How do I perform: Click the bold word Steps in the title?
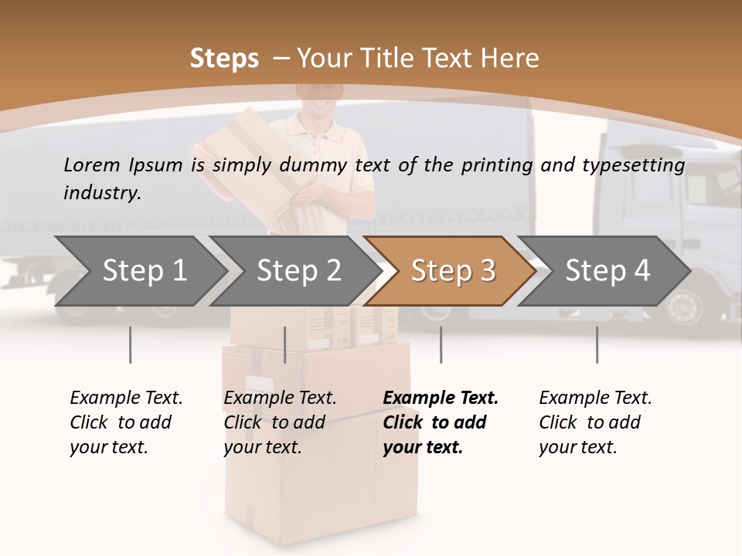pyautogui.click(x=224, y=58)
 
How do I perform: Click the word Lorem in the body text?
pyautogui.click(x=92, y=164)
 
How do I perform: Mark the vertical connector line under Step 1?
pyautogui.click(x=130, y=344)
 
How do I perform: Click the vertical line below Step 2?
pyautogui.click(x=285, y=344)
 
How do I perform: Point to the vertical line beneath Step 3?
pyautogui.click(x=441, y=344)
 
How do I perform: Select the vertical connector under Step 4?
pyautogui.click(x=597, y=344)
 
